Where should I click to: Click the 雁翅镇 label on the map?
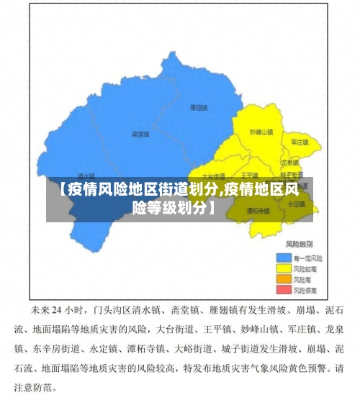(x=199, y=108)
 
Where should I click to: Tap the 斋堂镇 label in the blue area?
(x=140, y=135)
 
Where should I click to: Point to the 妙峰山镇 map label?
(x=261, y=132)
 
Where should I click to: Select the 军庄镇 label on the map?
(x=300, y=142)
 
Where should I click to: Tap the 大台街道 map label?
(x=214, y=176)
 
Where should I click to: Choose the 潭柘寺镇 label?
(x=258, y=212)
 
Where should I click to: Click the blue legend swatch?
(x=284, y=257)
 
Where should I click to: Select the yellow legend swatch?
(x=284, y=268)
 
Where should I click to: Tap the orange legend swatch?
(x=284, y=278)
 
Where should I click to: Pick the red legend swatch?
(x=284, y=289)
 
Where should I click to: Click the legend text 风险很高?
(x=306, y=289)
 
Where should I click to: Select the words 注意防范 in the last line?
(x=42, y=386)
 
